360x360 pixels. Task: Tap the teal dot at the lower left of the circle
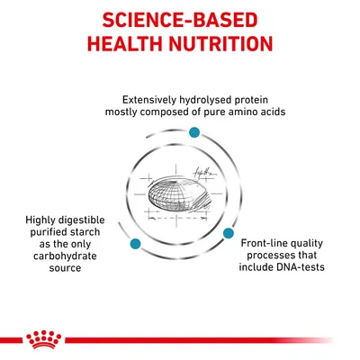135,244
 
